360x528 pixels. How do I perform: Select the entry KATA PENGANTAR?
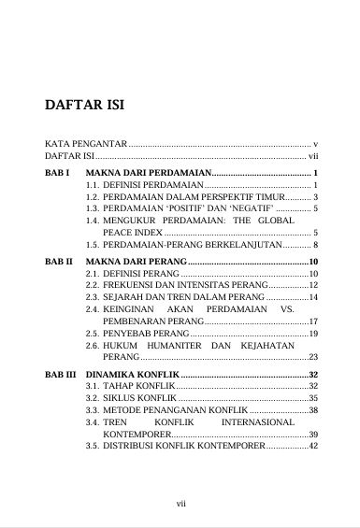(83, 145)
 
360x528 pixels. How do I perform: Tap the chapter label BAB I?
(57, 174)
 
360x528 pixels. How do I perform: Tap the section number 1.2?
(93, 198)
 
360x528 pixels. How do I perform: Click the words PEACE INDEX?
(131, 232)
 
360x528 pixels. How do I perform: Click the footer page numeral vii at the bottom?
(181, 505)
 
